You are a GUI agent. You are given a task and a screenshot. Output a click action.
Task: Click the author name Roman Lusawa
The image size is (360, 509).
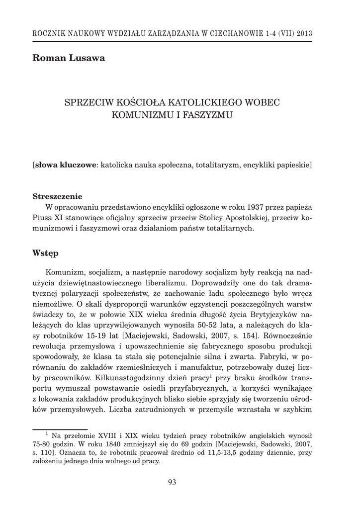[69, 59]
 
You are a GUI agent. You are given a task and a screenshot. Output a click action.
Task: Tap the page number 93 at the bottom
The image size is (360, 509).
[173, 482]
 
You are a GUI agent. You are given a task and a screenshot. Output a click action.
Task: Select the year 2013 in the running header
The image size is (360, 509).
[303, 34]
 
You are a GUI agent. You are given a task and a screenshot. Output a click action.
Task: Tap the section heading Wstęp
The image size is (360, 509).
[45, 254]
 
